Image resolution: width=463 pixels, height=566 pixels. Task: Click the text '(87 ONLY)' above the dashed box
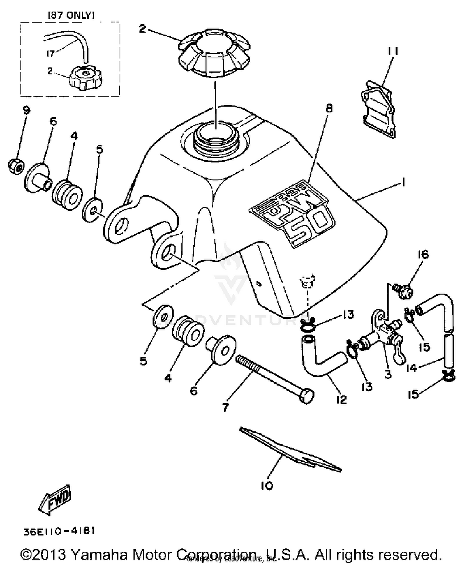coord(71,15)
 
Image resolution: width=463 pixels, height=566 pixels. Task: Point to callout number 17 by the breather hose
coord(50,53)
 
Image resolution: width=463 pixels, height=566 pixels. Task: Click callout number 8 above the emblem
coord(329,108)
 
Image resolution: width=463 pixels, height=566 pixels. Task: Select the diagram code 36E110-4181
coord(59,531)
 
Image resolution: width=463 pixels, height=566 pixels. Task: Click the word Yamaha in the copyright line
coord(99,555)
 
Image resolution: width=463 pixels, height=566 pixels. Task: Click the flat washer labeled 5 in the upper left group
coord(93,211)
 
